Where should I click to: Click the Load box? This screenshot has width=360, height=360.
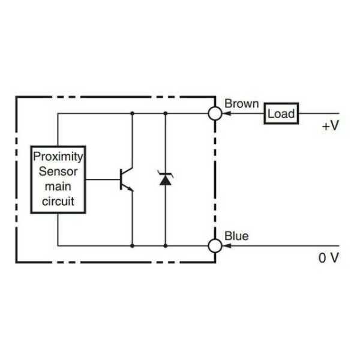[281, 113]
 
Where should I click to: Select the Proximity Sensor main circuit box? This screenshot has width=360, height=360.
[58, 179]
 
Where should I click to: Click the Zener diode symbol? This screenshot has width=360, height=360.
[165, 178]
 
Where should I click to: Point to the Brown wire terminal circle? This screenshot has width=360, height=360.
[215, 113]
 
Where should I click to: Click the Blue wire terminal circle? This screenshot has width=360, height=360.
[215, 245]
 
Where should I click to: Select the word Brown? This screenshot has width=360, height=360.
[241, 103]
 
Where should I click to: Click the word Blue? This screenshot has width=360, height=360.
[236, 236]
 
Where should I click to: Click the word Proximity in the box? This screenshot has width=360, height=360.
[58, 157]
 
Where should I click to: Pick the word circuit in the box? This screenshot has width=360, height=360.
[58, 201]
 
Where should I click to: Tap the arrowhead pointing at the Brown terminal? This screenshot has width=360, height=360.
[226, 113]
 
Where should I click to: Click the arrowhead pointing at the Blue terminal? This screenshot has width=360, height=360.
[226, 245]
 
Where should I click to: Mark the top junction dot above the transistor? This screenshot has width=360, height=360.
[132, 113]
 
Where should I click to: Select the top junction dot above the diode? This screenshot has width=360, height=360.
[165, 113]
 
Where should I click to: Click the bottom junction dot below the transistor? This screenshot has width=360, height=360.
[132, 245]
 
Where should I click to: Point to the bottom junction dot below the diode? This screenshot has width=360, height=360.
[165, 245]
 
